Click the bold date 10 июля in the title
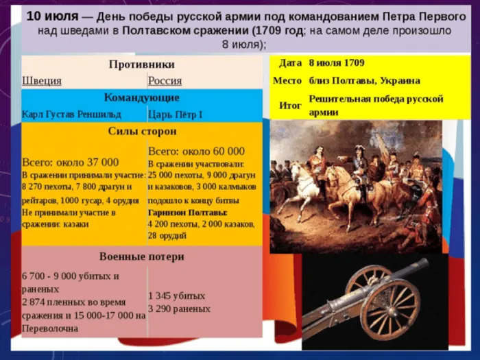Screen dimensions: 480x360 (52, 16)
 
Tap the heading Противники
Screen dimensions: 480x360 (142, 64)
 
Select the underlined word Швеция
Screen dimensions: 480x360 (42, 81)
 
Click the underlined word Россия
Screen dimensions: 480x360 (165, 81)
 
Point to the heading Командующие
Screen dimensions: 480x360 (142, 97)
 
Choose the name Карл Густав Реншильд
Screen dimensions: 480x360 (71, 115)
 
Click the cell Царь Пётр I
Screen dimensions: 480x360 (175, 115)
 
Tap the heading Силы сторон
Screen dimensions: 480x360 (143, 131)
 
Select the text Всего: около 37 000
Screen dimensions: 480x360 (70, 163)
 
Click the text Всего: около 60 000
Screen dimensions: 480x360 (196, 152)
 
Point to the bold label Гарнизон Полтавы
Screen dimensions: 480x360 (188, 213)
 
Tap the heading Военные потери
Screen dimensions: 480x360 (142, 256)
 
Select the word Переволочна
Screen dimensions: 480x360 (50, 328)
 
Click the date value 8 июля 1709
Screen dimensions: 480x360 (337, 63)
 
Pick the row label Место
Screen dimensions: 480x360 (287, 81)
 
